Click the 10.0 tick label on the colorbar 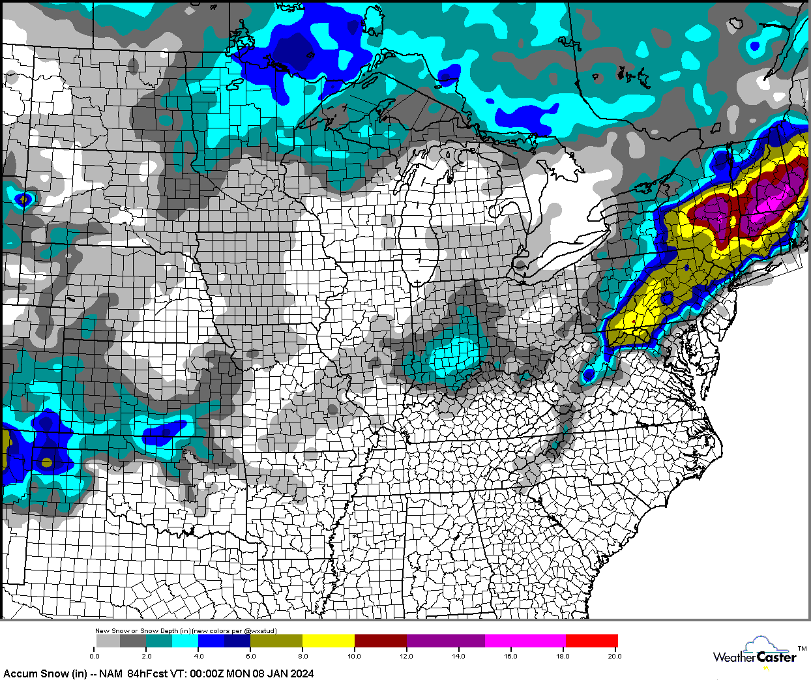[x=354, y=656]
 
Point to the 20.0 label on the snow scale [x=614, y=656]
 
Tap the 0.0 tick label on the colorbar [x=95, y=656]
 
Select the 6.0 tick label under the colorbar [x=250, y=656]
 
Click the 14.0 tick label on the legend [x=458, y=656]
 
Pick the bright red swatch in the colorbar [x=591, y=641]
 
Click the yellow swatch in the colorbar [x=328, y=641]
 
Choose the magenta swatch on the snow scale [x=525, y=641]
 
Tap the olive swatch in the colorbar [x=276, y=641]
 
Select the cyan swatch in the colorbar [x=185, y=641]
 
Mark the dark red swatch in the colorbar [x=380, y=641]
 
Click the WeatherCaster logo [x=756, y=653]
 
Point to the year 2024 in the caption [x=301, y=673]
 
